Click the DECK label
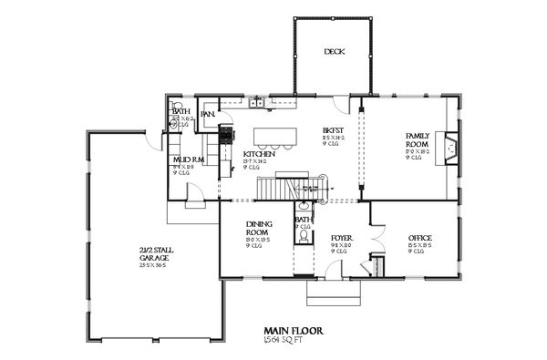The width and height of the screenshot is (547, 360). click(334, 52)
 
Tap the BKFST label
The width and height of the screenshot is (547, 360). click(332, 130)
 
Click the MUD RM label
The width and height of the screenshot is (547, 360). click(187, 160)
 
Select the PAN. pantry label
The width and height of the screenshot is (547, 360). click(208, 114)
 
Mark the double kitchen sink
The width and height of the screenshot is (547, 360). click(260, 103)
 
